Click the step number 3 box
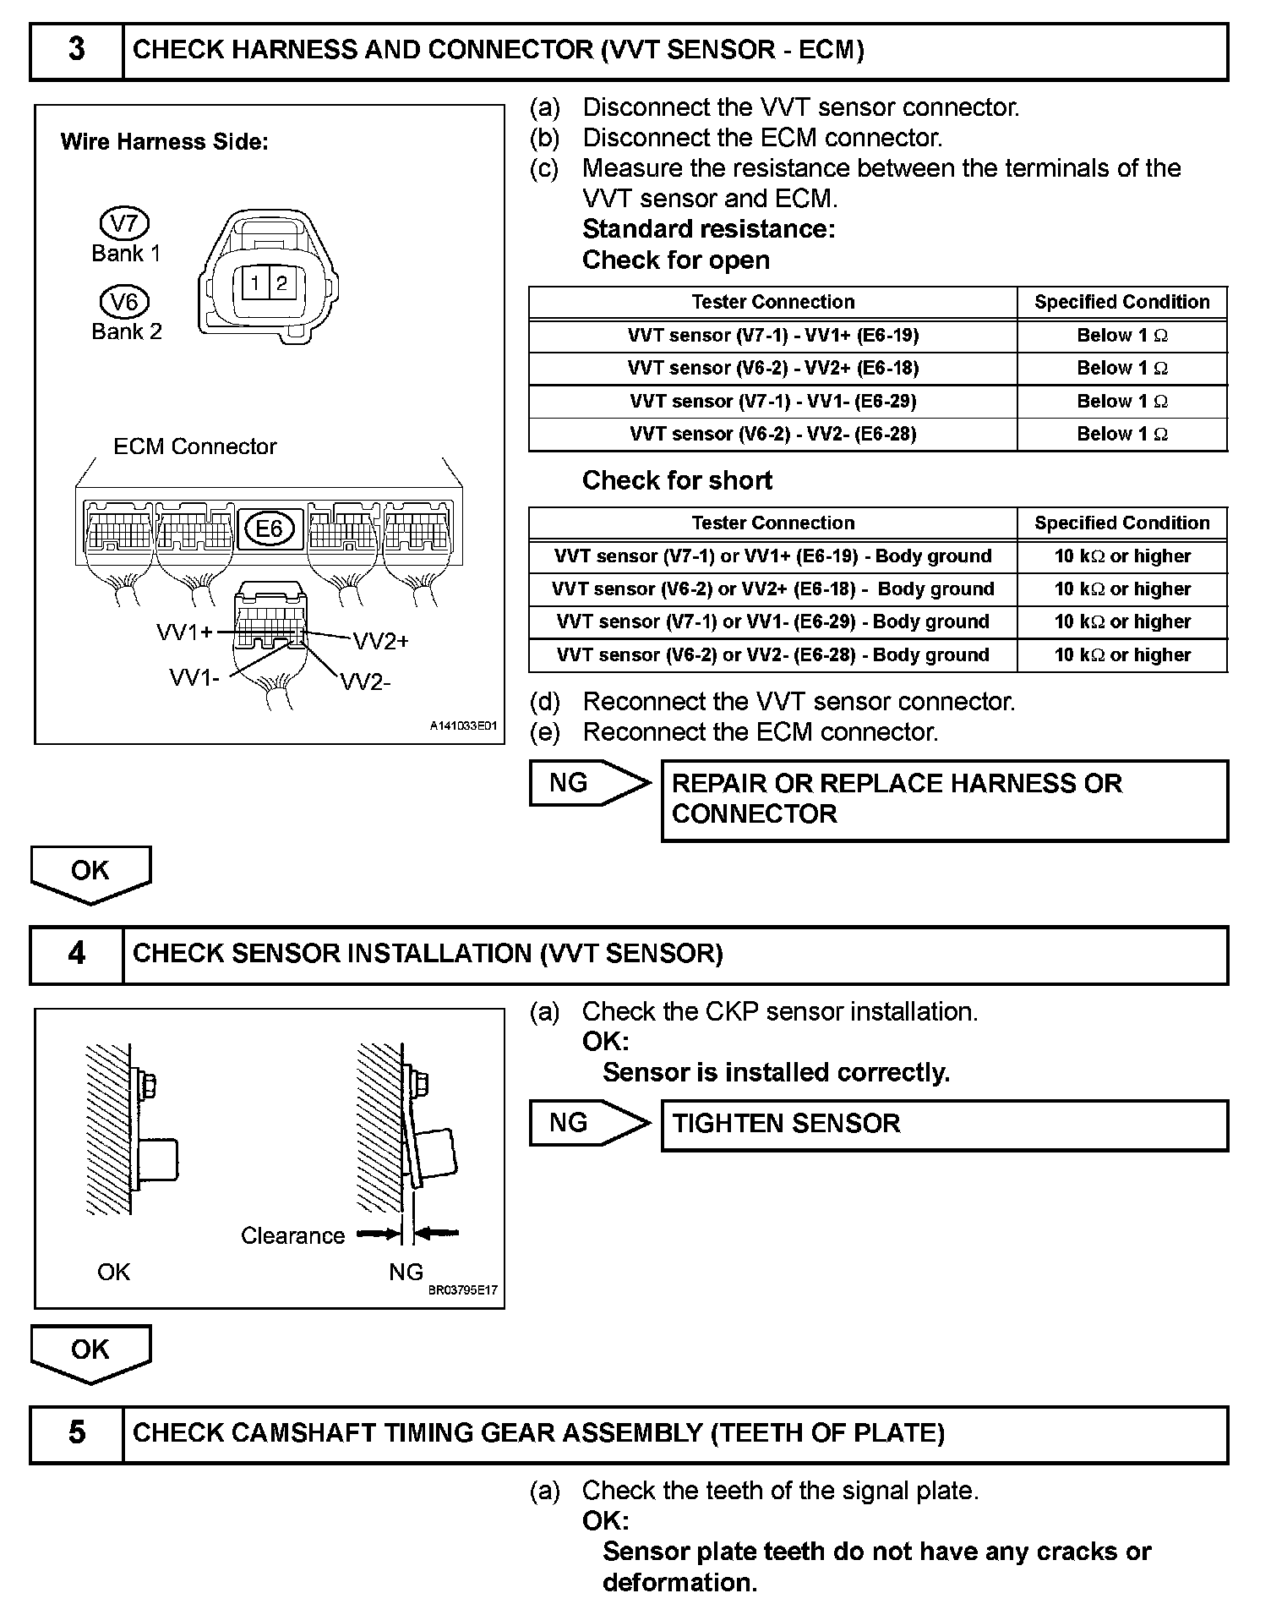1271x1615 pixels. (77, 51)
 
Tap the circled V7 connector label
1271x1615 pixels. (124, 224)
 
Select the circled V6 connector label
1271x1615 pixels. (124, 302)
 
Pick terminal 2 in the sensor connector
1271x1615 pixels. (281, 283)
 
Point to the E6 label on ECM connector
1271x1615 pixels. (269, 529)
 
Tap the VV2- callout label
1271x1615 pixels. (366, 682)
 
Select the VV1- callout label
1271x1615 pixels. (194, 677)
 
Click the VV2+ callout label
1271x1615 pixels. (380, 642)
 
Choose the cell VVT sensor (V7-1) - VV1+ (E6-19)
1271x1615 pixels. (772, 336)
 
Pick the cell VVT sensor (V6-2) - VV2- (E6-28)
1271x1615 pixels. (772, 435)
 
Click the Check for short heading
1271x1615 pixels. (677, 481)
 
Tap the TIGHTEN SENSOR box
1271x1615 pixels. (944, 1125)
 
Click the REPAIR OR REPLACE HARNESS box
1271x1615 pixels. (944, 800)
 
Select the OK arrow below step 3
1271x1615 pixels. (90, 873)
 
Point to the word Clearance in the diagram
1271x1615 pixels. (292, 1236)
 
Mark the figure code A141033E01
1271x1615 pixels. (463, 726)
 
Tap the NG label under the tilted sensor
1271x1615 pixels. (406, 1272)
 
